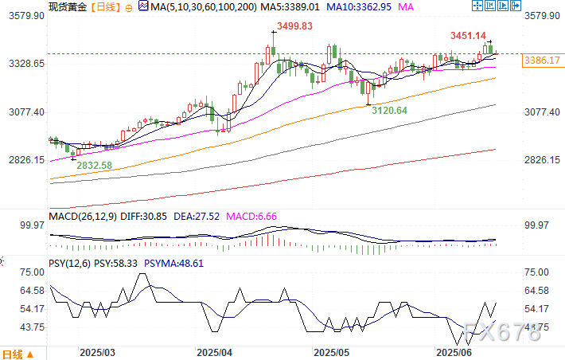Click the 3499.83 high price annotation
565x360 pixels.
click(290, 26)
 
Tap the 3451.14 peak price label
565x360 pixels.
click(469, 36)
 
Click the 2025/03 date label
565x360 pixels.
click(98, 351)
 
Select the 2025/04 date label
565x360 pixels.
click(214, 351)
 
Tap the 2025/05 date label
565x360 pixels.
click(332, 351)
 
